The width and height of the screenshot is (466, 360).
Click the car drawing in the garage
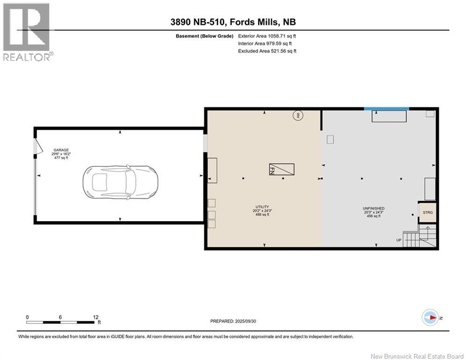120,182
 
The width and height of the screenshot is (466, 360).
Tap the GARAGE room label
61,150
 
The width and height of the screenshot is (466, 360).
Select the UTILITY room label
262,207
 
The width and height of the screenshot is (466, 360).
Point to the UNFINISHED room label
374,209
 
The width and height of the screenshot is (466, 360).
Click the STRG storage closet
428,212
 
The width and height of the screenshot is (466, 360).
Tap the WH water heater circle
298,115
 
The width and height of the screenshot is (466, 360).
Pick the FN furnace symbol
282,169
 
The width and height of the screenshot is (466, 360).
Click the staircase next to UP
420,236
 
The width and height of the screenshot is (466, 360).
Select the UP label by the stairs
399,240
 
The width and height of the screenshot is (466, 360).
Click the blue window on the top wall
386,109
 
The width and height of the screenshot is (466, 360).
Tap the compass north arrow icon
430,318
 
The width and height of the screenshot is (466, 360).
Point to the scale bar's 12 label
96,317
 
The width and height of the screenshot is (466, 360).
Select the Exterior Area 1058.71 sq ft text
267,36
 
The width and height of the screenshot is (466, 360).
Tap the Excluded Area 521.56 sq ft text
267,51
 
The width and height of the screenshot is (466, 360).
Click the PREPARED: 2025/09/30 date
233,321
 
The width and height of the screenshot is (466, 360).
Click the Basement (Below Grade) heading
205,36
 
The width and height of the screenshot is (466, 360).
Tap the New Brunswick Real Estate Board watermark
417,356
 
